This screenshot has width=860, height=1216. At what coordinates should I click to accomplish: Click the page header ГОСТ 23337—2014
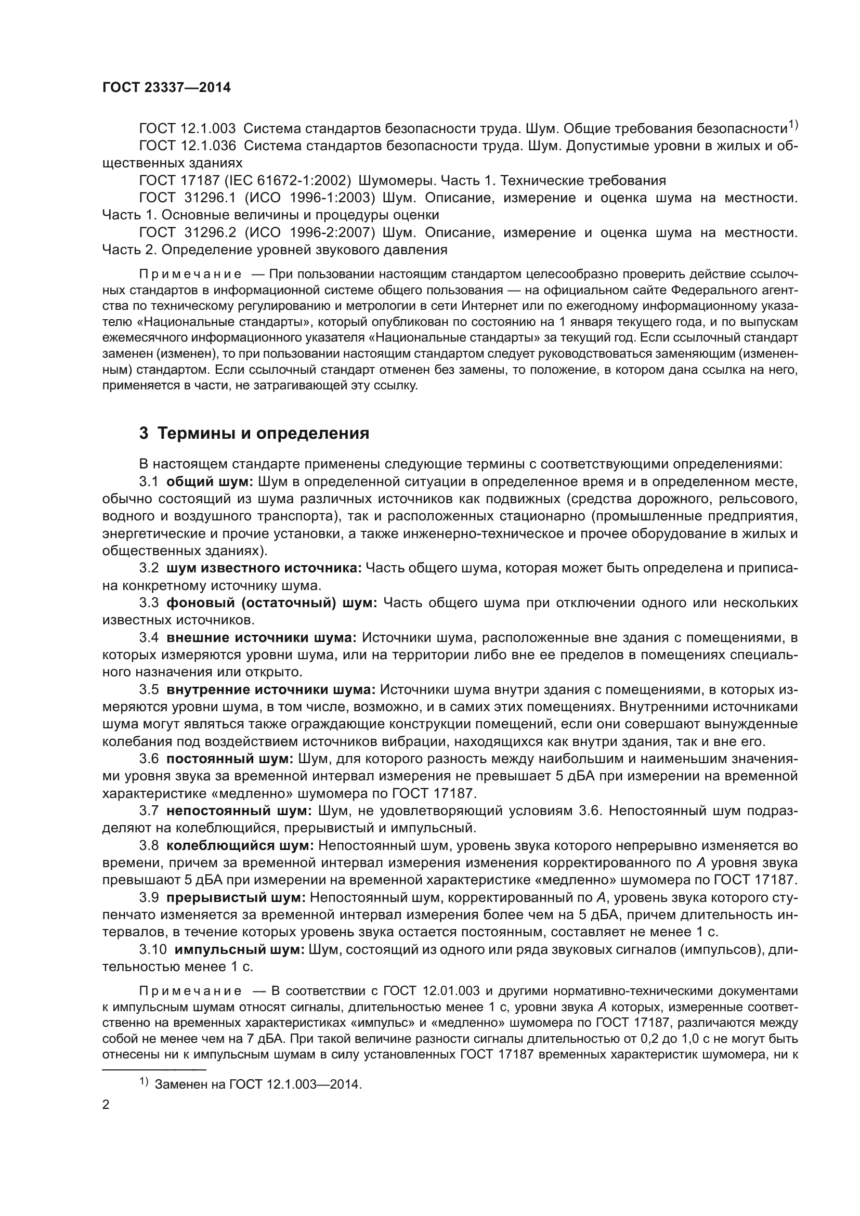[166, 87]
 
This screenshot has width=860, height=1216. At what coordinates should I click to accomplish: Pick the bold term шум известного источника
[264, 568]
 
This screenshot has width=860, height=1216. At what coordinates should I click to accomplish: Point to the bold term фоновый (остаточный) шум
[271, 603]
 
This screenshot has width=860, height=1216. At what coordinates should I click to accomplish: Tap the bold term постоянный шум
[230, 759]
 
